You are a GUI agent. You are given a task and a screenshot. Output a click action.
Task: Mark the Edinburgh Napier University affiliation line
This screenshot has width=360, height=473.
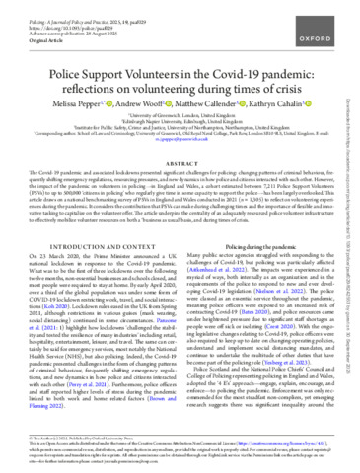tap(180, 121)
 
